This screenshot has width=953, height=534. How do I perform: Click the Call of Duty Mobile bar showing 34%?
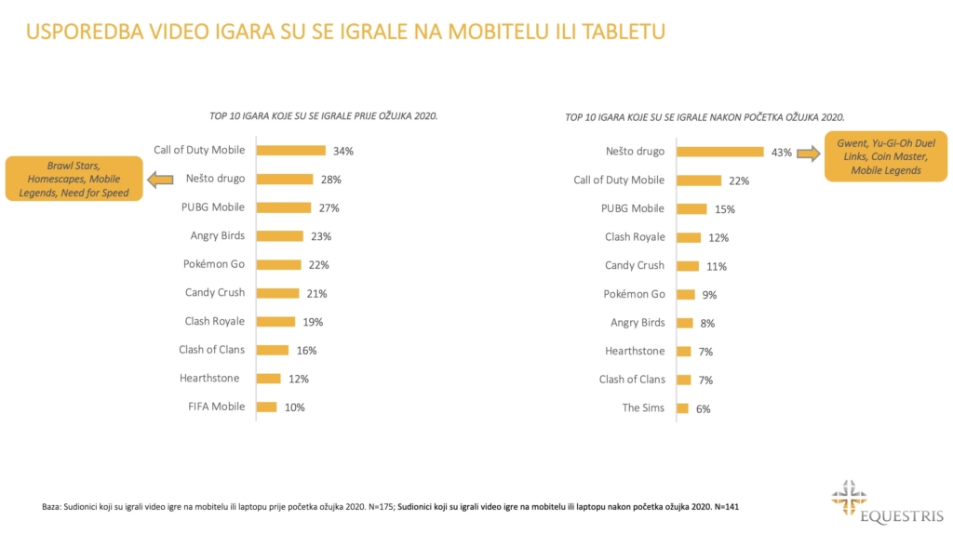tap(290, 150)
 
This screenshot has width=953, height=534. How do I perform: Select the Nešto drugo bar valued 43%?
tap(719, 152)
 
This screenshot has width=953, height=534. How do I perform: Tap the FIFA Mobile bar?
tap(266, 407)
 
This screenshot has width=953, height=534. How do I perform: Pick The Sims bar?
tap(682, 407)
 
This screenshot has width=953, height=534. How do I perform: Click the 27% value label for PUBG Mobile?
tap(328, 207)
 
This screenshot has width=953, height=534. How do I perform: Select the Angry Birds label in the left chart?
tap(217, 235)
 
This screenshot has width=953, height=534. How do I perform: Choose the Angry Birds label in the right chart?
tap(638, 322)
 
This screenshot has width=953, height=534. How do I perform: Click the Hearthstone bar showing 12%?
tap(268, 379)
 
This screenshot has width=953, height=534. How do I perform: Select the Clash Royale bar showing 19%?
tap(275, 321)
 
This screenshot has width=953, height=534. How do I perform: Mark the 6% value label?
tap(703, 408)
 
